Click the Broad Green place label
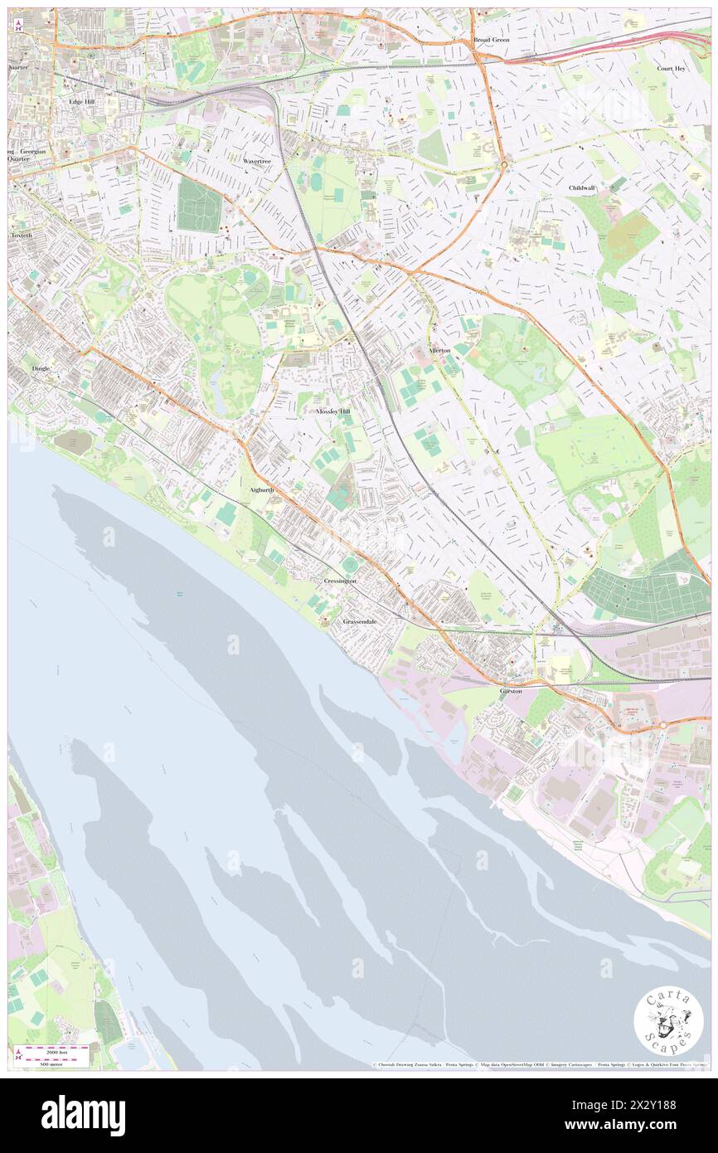(x=491, y=40)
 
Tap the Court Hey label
(x=671, y=69)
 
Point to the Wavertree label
(x=256, y=161)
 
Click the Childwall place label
(x=582, y=188)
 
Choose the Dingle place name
(x=41, y=367)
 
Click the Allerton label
(x=439, y=351)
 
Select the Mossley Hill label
(x=333, y=411)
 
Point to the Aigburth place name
(x=262, y=490)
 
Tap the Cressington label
(x=340, y=581)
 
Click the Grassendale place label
(x=360, y=621)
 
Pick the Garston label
(x=511, y=691)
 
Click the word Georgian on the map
(x=34, y=153)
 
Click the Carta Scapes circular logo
(x=668, y=1022)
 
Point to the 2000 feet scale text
(x=57, y=1049)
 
